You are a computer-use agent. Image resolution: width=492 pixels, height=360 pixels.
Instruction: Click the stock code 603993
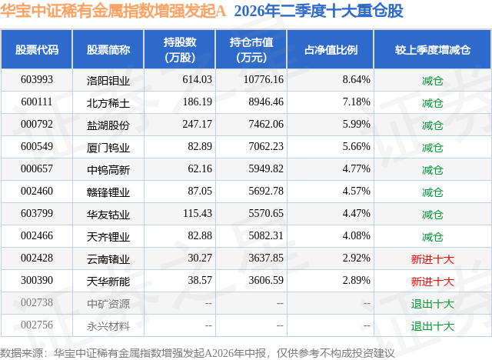point(37,80)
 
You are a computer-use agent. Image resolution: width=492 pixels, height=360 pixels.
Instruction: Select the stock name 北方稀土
point(108,103)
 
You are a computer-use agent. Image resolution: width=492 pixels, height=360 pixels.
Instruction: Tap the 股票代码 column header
point(37,49)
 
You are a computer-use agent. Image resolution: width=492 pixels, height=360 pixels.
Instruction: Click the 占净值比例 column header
point(331,49)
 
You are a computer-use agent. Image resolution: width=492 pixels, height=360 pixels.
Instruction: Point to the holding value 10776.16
point(264,80)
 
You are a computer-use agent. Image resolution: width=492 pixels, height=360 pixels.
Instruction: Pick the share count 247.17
point(198,125)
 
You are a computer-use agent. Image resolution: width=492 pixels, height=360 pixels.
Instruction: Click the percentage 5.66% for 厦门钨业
point(357,147)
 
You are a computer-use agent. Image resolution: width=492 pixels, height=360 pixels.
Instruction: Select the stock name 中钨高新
point(108,170)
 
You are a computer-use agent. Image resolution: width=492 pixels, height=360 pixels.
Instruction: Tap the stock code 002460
point(37,191)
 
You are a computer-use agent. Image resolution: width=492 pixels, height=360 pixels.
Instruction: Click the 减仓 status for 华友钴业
point(432,215)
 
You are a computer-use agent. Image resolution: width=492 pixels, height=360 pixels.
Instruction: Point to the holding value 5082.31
point(266,235)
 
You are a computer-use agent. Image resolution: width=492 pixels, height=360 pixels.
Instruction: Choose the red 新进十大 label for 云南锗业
point(432,259)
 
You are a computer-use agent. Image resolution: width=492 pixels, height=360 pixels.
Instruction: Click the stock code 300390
point(37,280)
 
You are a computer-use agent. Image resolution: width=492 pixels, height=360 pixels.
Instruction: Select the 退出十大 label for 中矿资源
point(432,304)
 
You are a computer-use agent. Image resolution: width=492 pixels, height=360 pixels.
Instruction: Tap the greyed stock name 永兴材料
point(108,326)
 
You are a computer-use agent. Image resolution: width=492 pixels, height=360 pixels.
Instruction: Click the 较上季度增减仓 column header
point(432,49)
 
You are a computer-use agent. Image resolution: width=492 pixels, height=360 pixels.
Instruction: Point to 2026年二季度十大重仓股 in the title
point(318,11)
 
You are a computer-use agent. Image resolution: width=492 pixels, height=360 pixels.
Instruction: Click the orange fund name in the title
point(113,11)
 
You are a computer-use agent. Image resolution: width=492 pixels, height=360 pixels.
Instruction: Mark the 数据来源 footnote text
point(197,353)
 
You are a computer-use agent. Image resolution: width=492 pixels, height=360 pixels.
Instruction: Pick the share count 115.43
point(198,213)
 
